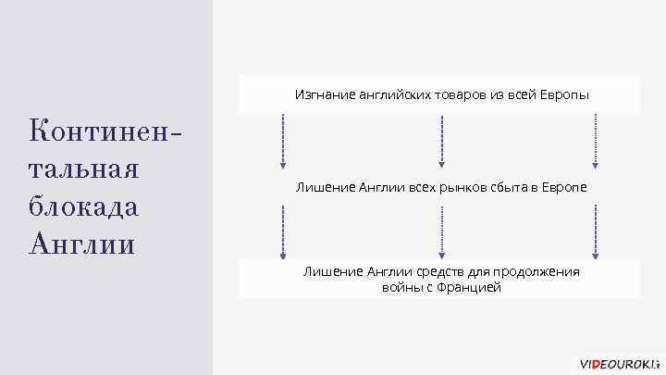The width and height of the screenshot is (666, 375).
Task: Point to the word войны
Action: [399, 288]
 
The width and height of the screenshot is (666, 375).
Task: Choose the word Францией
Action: [468, 288]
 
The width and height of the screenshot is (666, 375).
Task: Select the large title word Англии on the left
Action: [82, 244]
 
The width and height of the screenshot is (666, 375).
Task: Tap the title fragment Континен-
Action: [104, 131]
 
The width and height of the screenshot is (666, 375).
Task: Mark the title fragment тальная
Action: [84, 169]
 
